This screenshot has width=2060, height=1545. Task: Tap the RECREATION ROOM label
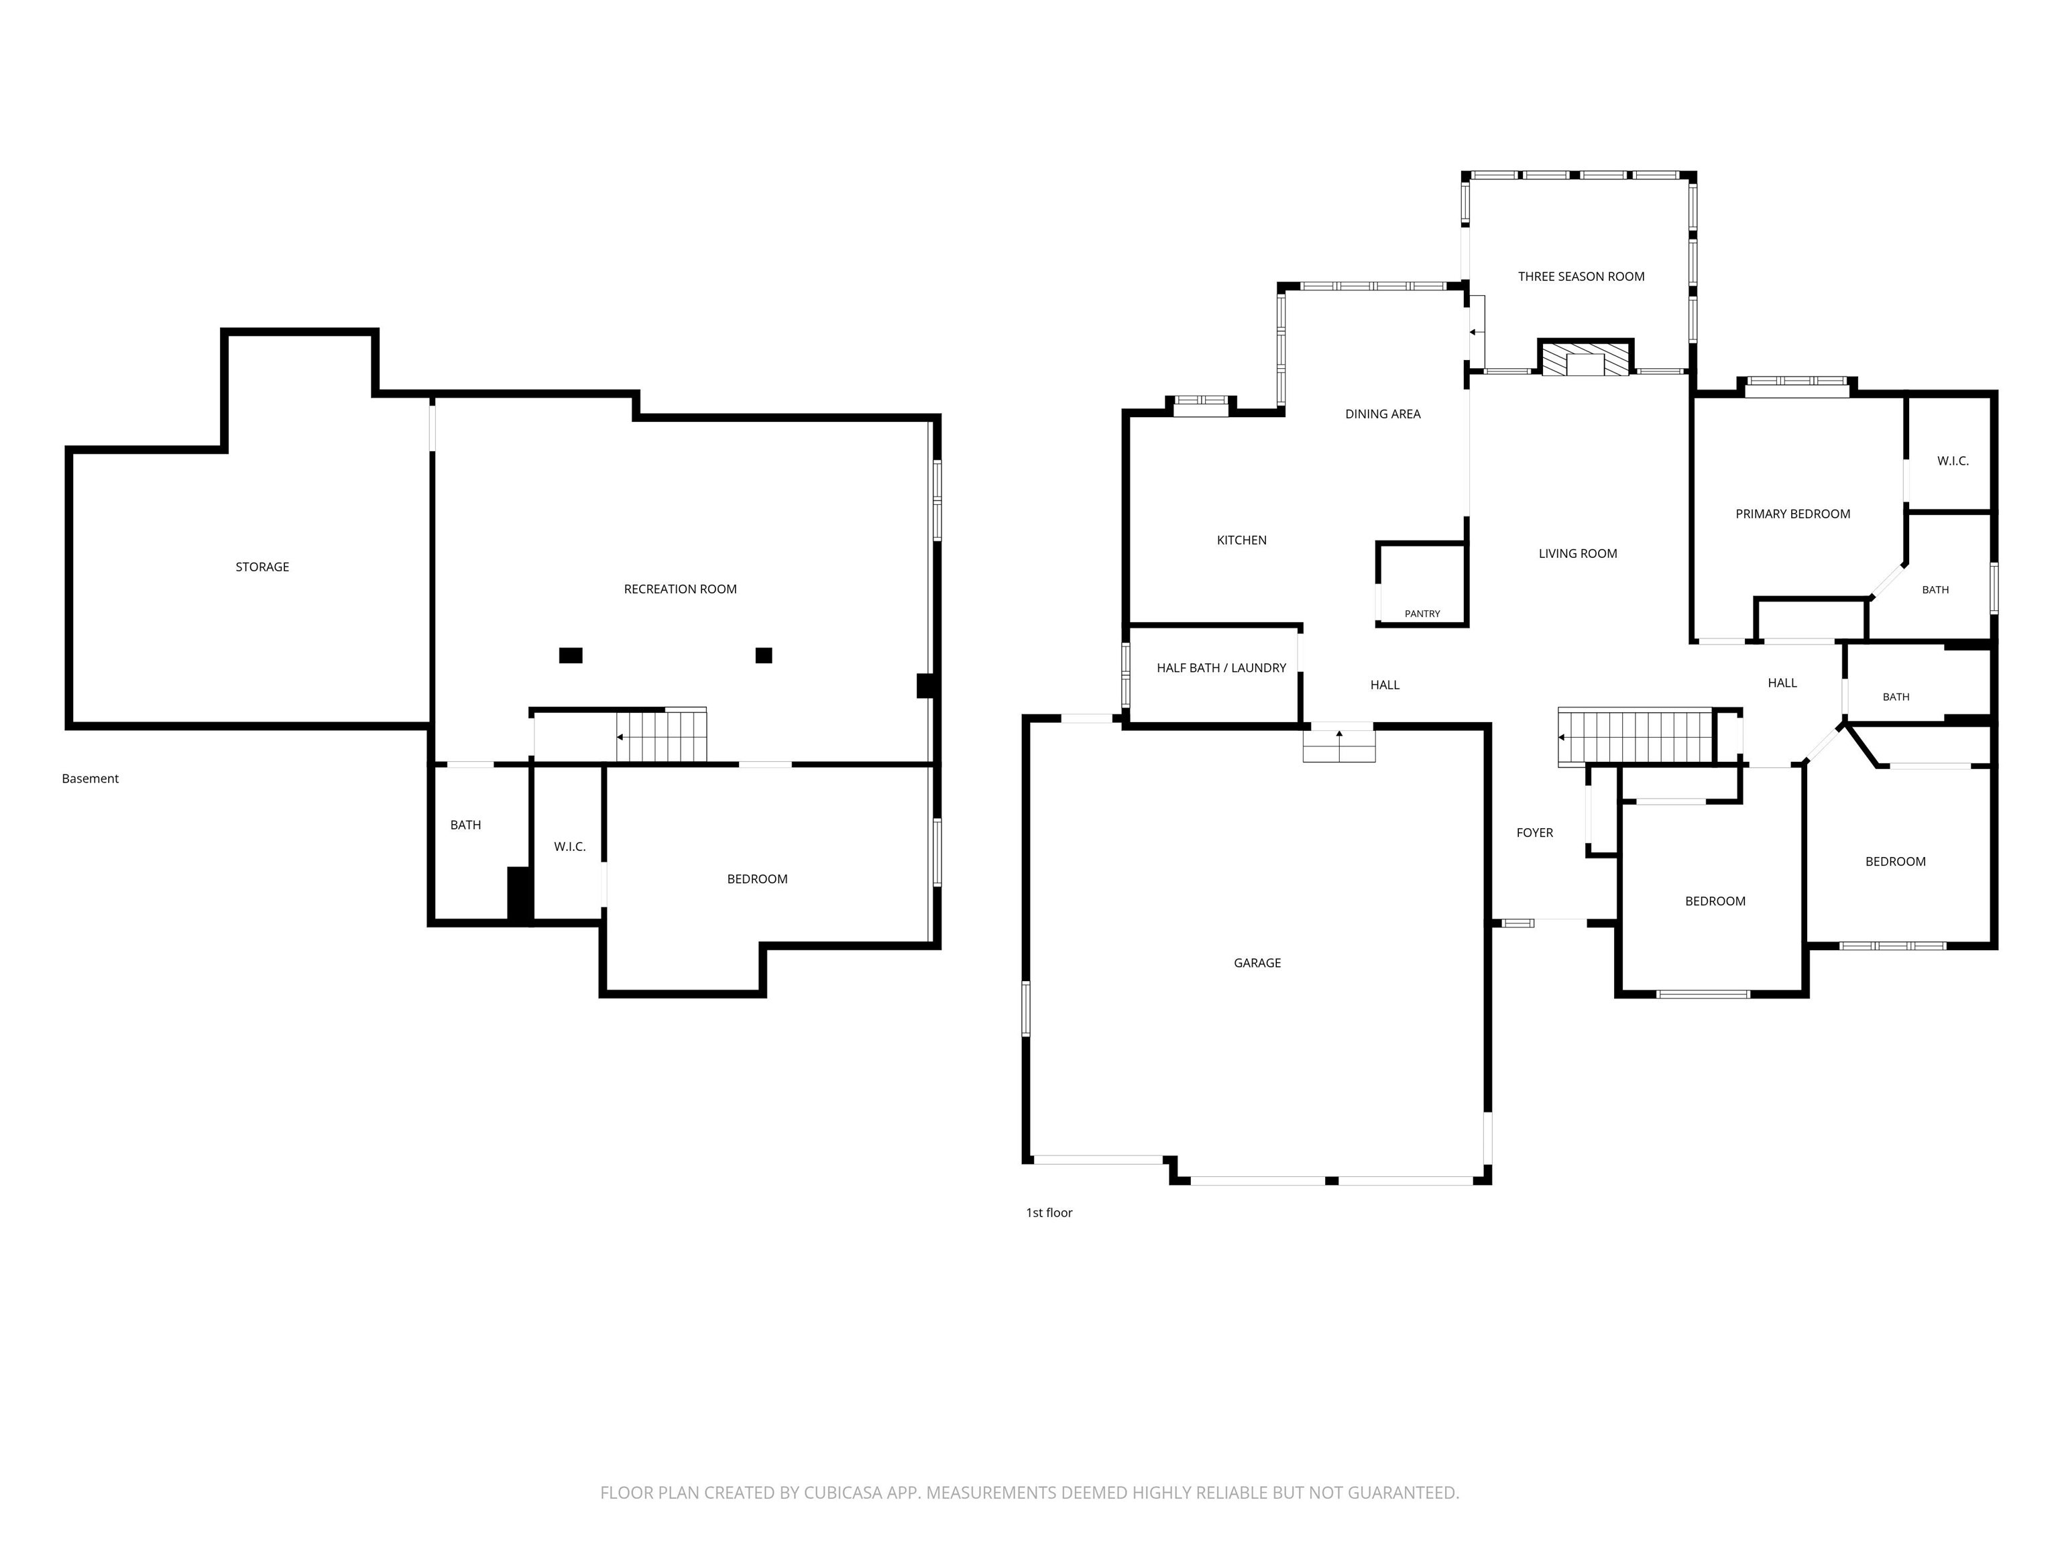pyautogui.click(x=680, y=589)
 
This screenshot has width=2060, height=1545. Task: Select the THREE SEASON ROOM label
pyautogui.click(x=1581, y=276)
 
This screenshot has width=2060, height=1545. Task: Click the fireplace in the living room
pyautogui.click(x=1585, y=357)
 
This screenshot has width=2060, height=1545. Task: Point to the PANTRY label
pyautogui.click(x=1422, y=614)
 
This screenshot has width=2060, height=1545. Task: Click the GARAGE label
pyautogui.click(x=1257, y=963)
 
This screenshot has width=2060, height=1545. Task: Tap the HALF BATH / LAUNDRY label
pyautogui.click(x=1221, y=668)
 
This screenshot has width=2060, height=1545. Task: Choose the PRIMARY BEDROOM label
pyautogui.click(x=1792, y=514)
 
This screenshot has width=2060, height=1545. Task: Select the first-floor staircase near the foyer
pyautogui.click(x=1636, y=737)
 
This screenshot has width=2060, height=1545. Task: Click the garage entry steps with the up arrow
pyautogui.click(x=1339, y=744)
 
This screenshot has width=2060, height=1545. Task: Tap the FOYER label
pyautogui.click(x=1535, y=834)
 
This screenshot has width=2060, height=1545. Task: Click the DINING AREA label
pyautogui.click(x=1383, y=414)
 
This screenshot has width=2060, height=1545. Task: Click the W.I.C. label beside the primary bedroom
pyautogui.click(x=1953, y=461)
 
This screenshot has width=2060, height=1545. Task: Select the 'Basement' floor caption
pyautogui.click(x=91, y=779)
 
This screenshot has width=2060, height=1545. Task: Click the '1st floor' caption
pyautogui.click(x=1049, y=1212)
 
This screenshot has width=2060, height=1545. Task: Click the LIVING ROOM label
pyautogui.click(x=1578, y=554)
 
